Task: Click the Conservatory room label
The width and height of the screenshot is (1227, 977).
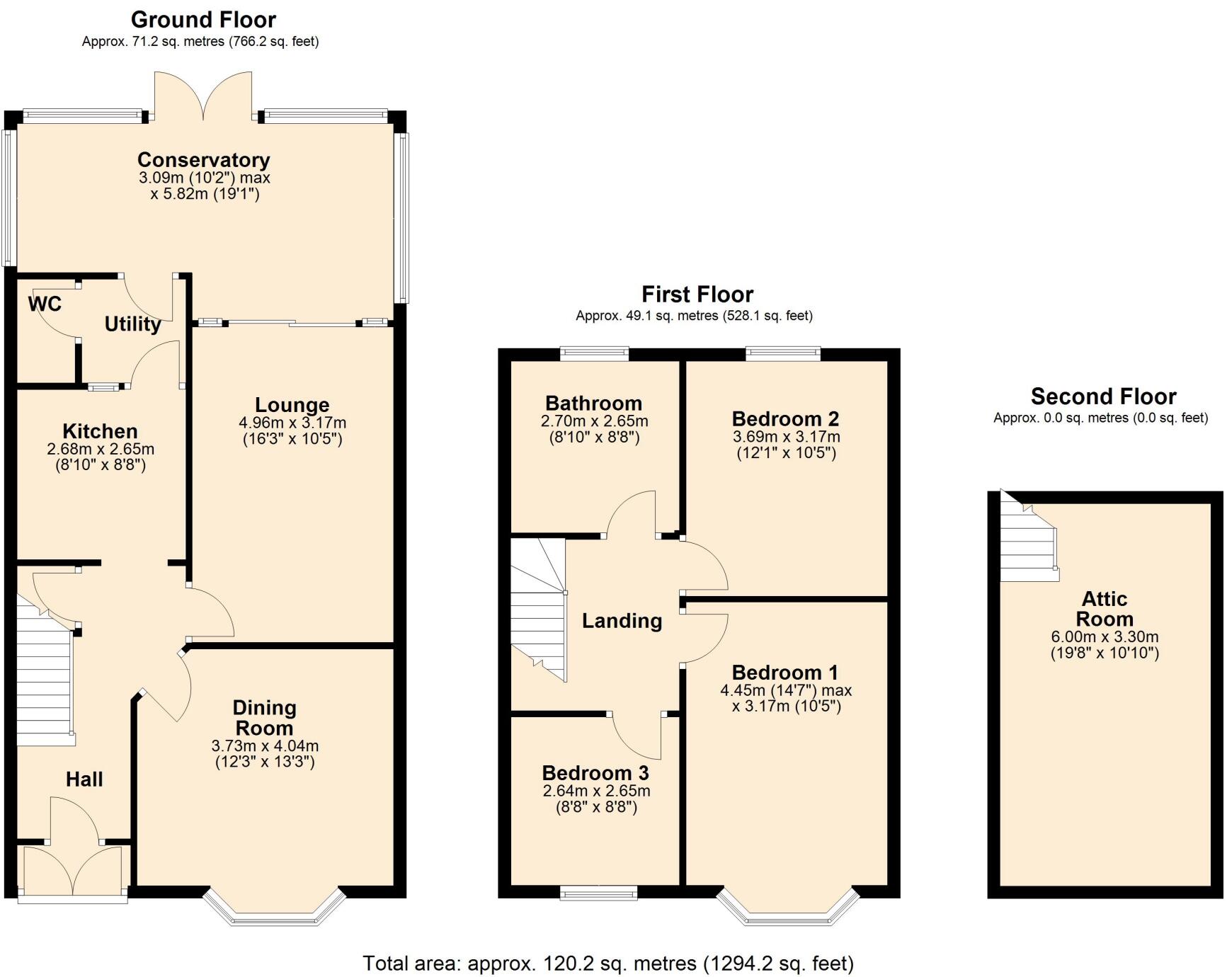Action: [x=203, y=159]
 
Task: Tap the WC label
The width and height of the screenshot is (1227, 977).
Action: [x=45, y=304]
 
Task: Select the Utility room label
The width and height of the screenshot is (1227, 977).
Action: [x=132, y=324]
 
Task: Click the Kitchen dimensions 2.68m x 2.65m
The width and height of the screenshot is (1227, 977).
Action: [x=101, y=449]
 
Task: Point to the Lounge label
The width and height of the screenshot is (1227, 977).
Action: [x=292, y=405]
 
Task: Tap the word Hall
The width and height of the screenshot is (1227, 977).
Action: [x=84, y=779]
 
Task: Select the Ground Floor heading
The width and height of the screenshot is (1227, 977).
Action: [x=203, y=19]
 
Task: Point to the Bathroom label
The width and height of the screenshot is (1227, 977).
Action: [x=593, y=404]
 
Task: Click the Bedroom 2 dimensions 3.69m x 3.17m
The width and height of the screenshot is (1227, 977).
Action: [x=786, y=436]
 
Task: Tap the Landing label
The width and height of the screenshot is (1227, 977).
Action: [x=622, y=621]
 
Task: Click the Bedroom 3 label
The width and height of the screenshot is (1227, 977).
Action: [x=595, y=772]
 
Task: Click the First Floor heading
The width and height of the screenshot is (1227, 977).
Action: [x=697, y=294]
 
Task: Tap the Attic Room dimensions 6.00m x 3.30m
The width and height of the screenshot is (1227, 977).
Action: [x=1104, y=636]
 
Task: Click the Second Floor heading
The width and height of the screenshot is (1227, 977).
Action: [x=1102, y=396]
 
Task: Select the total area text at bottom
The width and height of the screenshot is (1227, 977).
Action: [x=607, y=963]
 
